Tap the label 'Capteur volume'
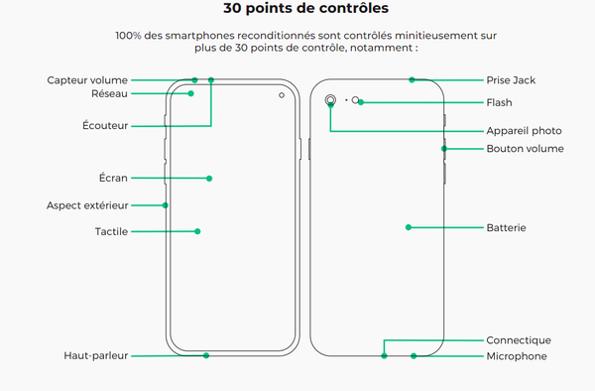88,79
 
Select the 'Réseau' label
109,93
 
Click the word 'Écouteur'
106,125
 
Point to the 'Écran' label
113,179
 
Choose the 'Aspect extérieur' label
87,205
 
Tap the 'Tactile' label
112,231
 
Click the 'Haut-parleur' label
96,355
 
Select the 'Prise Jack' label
511,79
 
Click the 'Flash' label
499,102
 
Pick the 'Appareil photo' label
524,130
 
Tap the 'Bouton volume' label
525,149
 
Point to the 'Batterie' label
506,227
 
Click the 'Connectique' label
518,340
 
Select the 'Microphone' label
516,355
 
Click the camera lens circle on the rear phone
329,100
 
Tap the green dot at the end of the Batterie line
408,227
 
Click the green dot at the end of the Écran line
209,179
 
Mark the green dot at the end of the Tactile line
197,231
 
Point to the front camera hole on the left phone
282,95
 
